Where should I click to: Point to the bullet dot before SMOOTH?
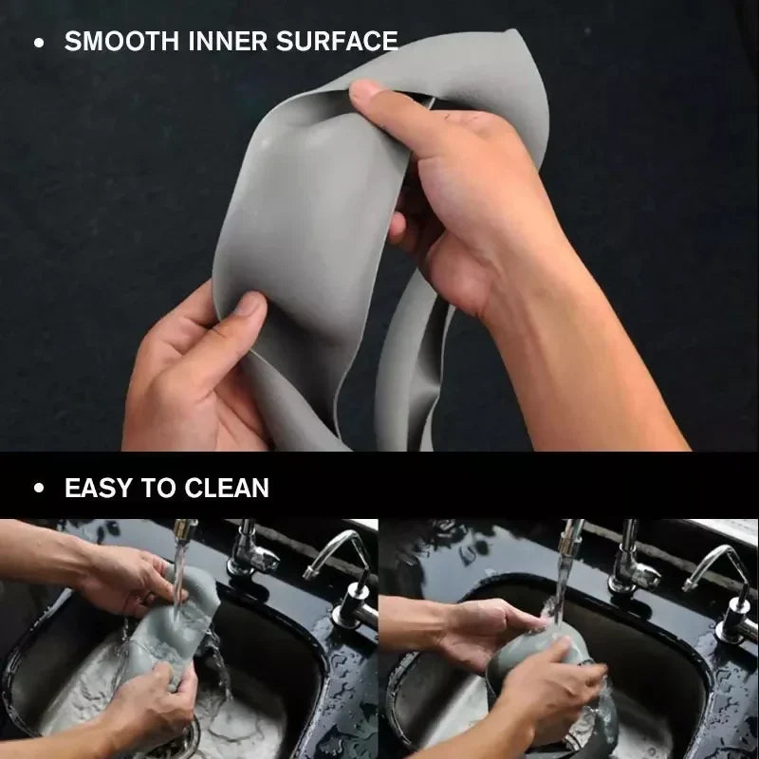tap(38, 43)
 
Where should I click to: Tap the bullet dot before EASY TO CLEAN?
tap(38, 490)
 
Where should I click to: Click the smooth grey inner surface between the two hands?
tap(304, 218)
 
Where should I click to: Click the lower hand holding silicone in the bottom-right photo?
tap(550, 697)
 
